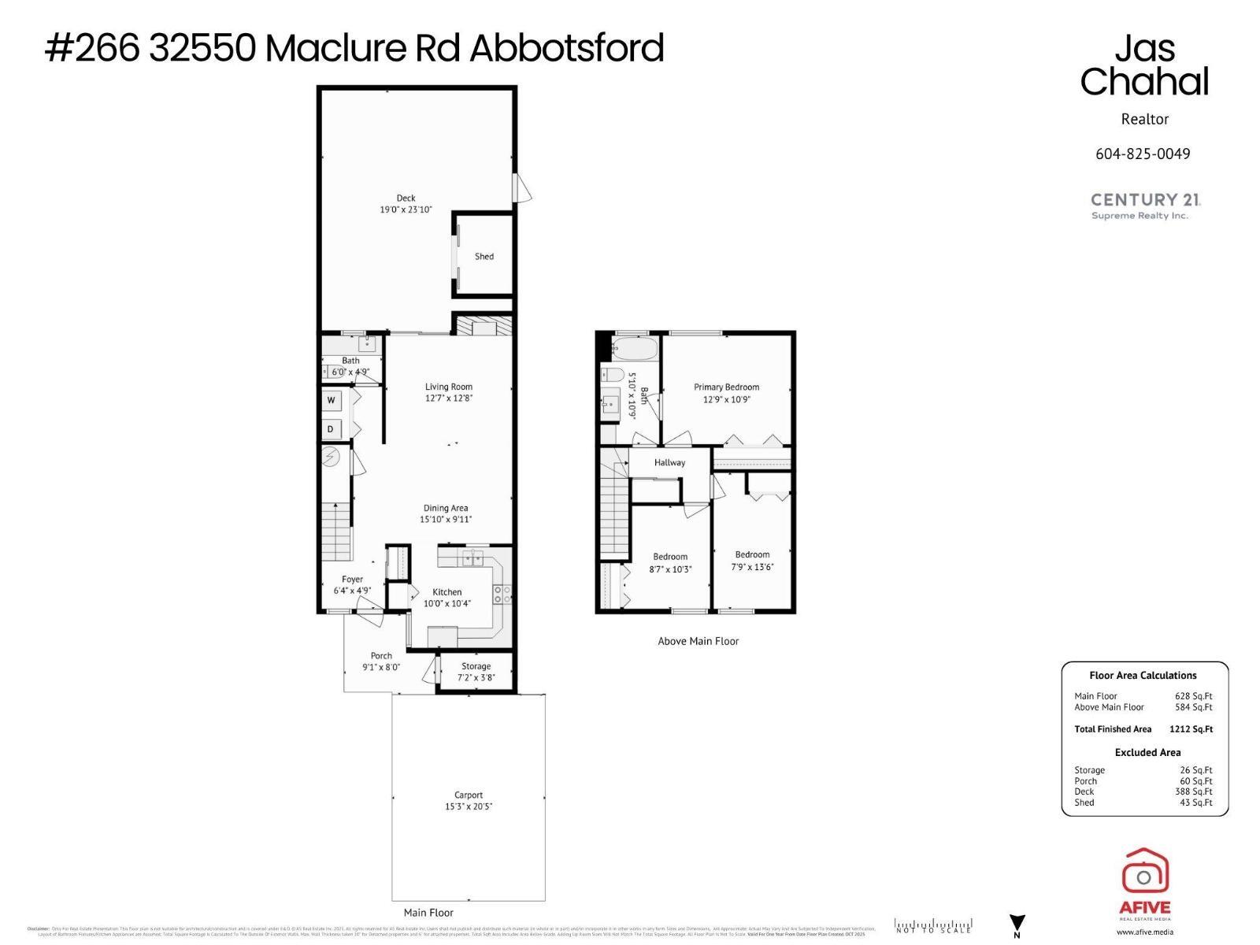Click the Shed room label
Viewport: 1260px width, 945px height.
point(484,257)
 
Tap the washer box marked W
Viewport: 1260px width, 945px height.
point(332,401)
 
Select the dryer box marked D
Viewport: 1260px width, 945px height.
point(331,429)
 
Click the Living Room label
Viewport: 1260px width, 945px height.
point(448,387)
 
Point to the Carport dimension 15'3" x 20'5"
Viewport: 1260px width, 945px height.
point(468,806)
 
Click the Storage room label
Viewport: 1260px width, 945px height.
point(476,666)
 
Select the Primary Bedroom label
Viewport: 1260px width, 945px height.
point(726,387)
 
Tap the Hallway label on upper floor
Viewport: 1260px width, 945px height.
point(669,462)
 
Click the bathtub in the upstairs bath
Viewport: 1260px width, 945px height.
point(634,347)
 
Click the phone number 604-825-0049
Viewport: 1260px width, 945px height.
point(1143,154)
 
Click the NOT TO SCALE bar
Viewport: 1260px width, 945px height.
point(933,926)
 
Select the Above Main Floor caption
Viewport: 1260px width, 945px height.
point(698,641)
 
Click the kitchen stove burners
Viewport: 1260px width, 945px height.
point(502,595)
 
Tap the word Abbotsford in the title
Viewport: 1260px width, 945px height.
point(567,49)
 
